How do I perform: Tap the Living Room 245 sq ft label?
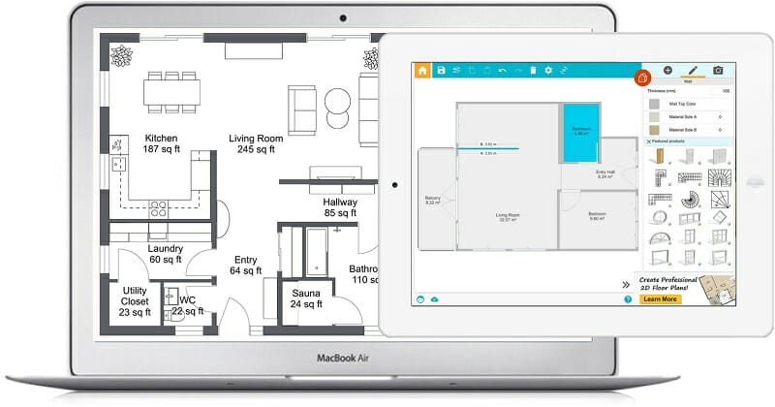pyautogui.click(x=256, y=144)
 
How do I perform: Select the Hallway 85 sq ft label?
pyautogui.click(x=340, y=208)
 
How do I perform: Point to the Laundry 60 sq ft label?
pyautogui.click(x=153, y=253)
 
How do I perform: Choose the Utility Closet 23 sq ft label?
pyautogui.click(x=135, y=301)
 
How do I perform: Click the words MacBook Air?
pyautogui.click(x=341, y=358)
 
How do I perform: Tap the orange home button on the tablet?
pyautogui.click(x=422, y=71)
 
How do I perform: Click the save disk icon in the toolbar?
pyautogui.click(x=442, y=71)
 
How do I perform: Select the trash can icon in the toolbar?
pyautogui.click(x=532, y=71)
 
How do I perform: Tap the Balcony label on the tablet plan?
pyautogui.click(x=433, y=200)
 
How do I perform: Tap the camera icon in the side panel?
pyautogui.click(x=718, y=71)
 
